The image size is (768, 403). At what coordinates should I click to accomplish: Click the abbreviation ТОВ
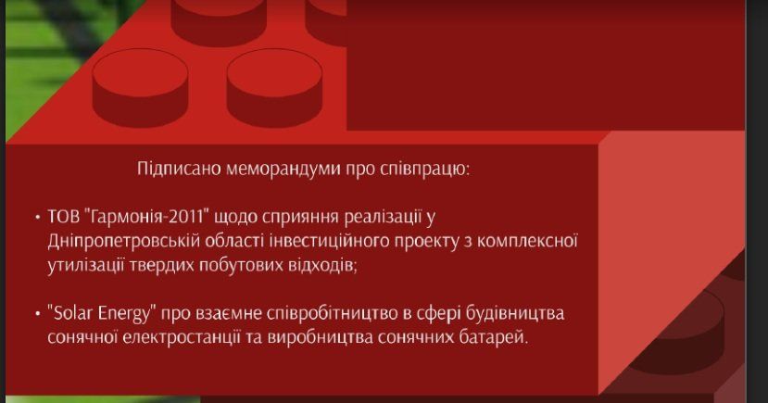click(63, 218)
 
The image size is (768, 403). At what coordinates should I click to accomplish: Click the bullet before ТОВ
click(35, 219)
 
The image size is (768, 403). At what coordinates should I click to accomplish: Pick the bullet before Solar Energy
click(35, 314)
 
